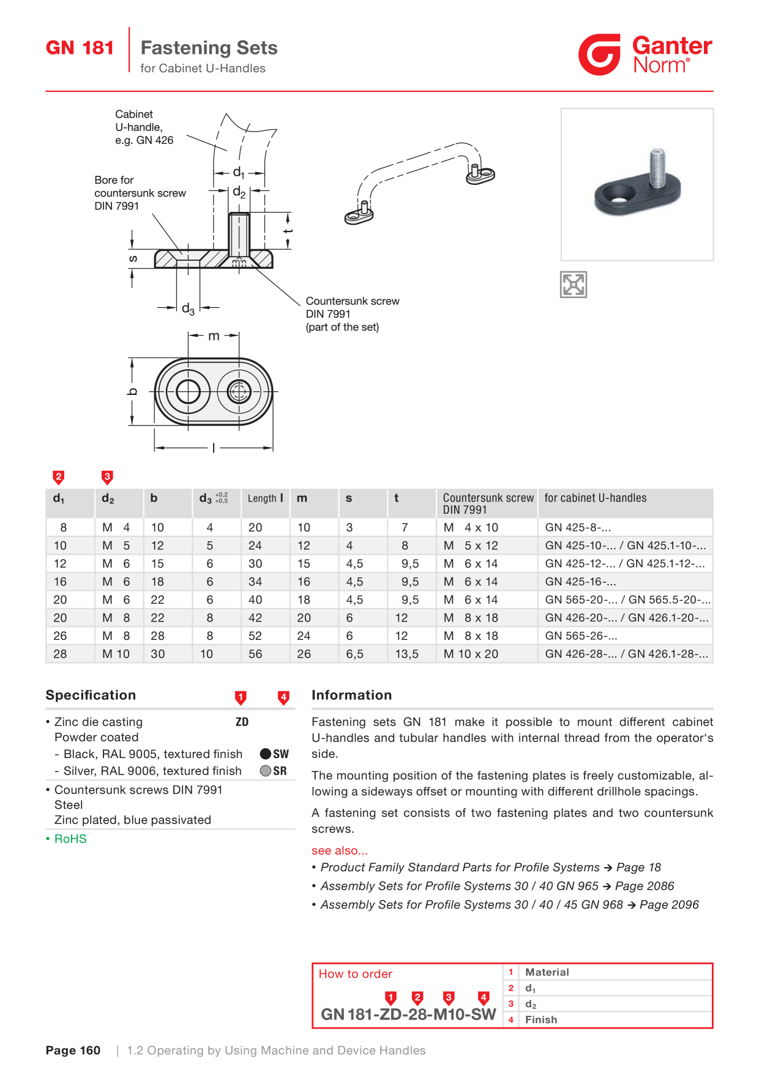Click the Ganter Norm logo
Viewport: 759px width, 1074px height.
645,54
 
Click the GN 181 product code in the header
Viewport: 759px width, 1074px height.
80,48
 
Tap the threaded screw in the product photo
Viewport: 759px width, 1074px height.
657,168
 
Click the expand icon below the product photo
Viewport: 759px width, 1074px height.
574,285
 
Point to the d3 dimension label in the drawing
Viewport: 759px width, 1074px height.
188,309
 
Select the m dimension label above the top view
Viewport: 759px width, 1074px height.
214,336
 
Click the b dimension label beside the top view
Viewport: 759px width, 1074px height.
132,391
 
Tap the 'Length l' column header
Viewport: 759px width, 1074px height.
266,498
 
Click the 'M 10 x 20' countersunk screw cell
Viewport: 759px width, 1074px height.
471,654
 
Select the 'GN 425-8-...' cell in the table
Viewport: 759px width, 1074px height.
578,527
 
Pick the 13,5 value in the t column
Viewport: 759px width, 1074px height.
406,654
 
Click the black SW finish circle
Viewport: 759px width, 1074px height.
266,754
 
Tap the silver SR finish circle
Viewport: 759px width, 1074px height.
266,771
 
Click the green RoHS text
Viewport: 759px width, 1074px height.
70,839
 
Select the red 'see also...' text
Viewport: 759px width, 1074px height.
340,851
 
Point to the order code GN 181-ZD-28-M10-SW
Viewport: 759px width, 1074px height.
408,1015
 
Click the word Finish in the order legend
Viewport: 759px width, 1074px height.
541,1020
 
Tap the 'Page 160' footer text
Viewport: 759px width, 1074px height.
73,1051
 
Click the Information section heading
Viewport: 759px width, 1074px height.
351,695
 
